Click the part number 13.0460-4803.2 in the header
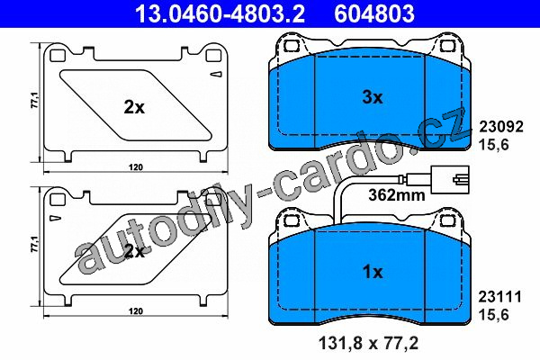(x=220, y=13)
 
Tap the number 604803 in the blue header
(x=374, y=13)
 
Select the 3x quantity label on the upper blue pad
(x=373, y=97)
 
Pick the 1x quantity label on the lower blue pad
(x=373, y=272)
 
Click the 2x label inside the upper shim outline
(x=134, y=107)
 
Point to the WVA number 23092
(x=501, y=127)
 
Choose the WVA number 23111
(x=500, y=297)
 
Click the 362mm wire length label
(x=397, y=195)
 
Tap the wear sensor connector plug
(x=450, y=179)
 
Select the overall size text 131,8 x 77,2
(x=368, y=344)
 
